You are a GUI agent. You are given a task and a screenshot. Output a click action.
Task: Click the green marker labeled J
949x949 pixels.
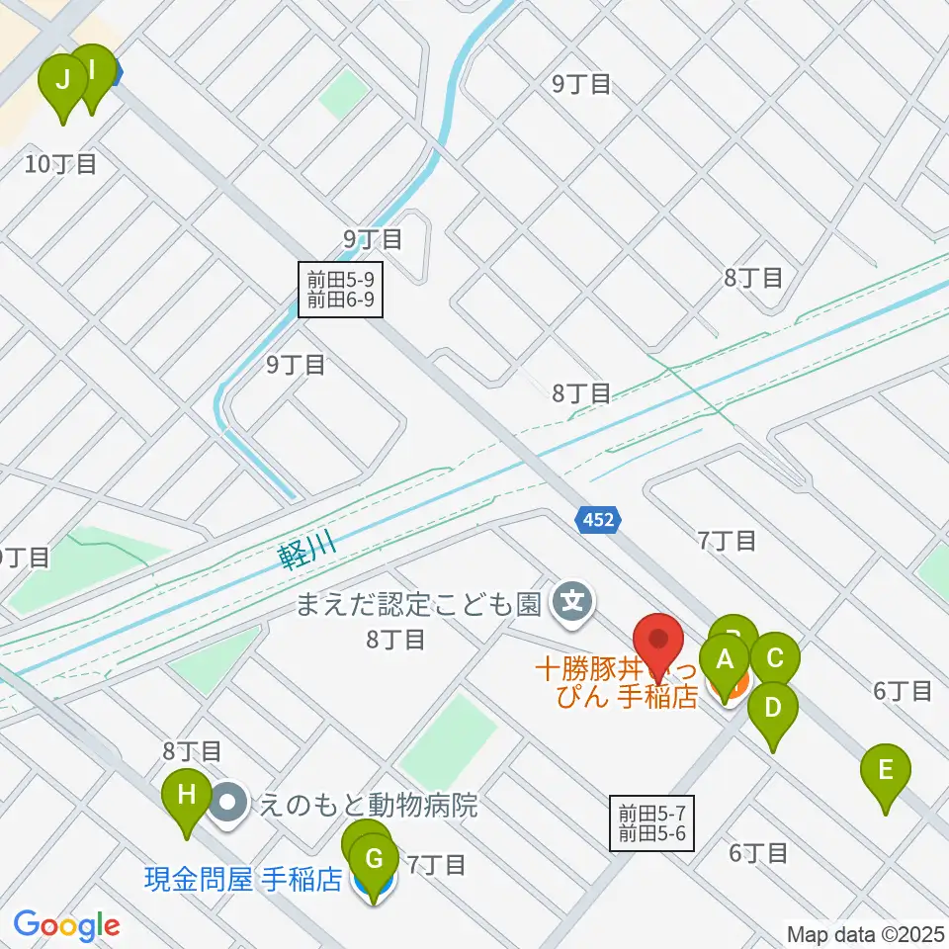click(62, 81)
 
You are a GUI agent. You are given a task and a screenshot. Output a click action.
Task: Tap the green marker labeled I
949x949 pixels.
click(92, 71)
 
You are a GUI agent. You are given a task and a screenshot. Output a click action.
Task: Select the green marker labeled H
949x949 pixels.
click(186, 794)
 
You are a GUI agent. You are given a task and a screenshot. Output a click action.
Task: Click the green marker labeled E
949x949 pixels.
click(886, 770)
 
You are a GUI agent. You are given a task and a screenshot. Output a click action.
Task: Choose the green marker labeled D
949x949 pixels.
click(772, 709)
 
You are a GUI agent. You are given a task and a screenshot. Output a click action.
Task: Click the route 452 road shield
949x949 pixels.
click(598, 519)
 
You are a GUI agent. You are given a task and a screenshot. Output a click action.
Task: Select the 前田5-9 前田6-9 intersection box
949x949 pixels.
click(339, 289)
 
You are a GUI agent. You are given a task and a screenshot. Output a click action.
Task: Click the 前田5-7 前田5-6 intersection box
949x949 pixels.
click(652, 823)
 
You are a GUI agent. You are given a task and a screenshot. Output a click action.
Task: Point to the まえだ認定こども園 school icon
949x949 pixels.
click(573, 599)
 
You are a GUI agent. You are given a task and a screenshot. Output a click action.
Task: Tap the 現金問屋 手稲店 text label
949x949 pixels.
click(243, 879)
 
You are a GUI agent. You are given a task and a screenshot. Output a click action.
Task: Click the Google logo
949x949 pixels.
click(66, 926)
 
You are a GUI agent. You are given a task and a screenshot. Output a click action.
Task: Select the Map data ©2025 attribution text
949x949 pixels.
click(866, 933)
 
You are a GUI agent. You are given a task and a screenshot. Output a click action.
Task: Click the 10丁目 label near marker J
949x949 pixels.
click(61, 164)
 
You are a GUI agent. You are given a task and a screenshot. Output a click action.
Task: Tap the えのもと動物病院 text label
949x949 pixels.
click(368, 806)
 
